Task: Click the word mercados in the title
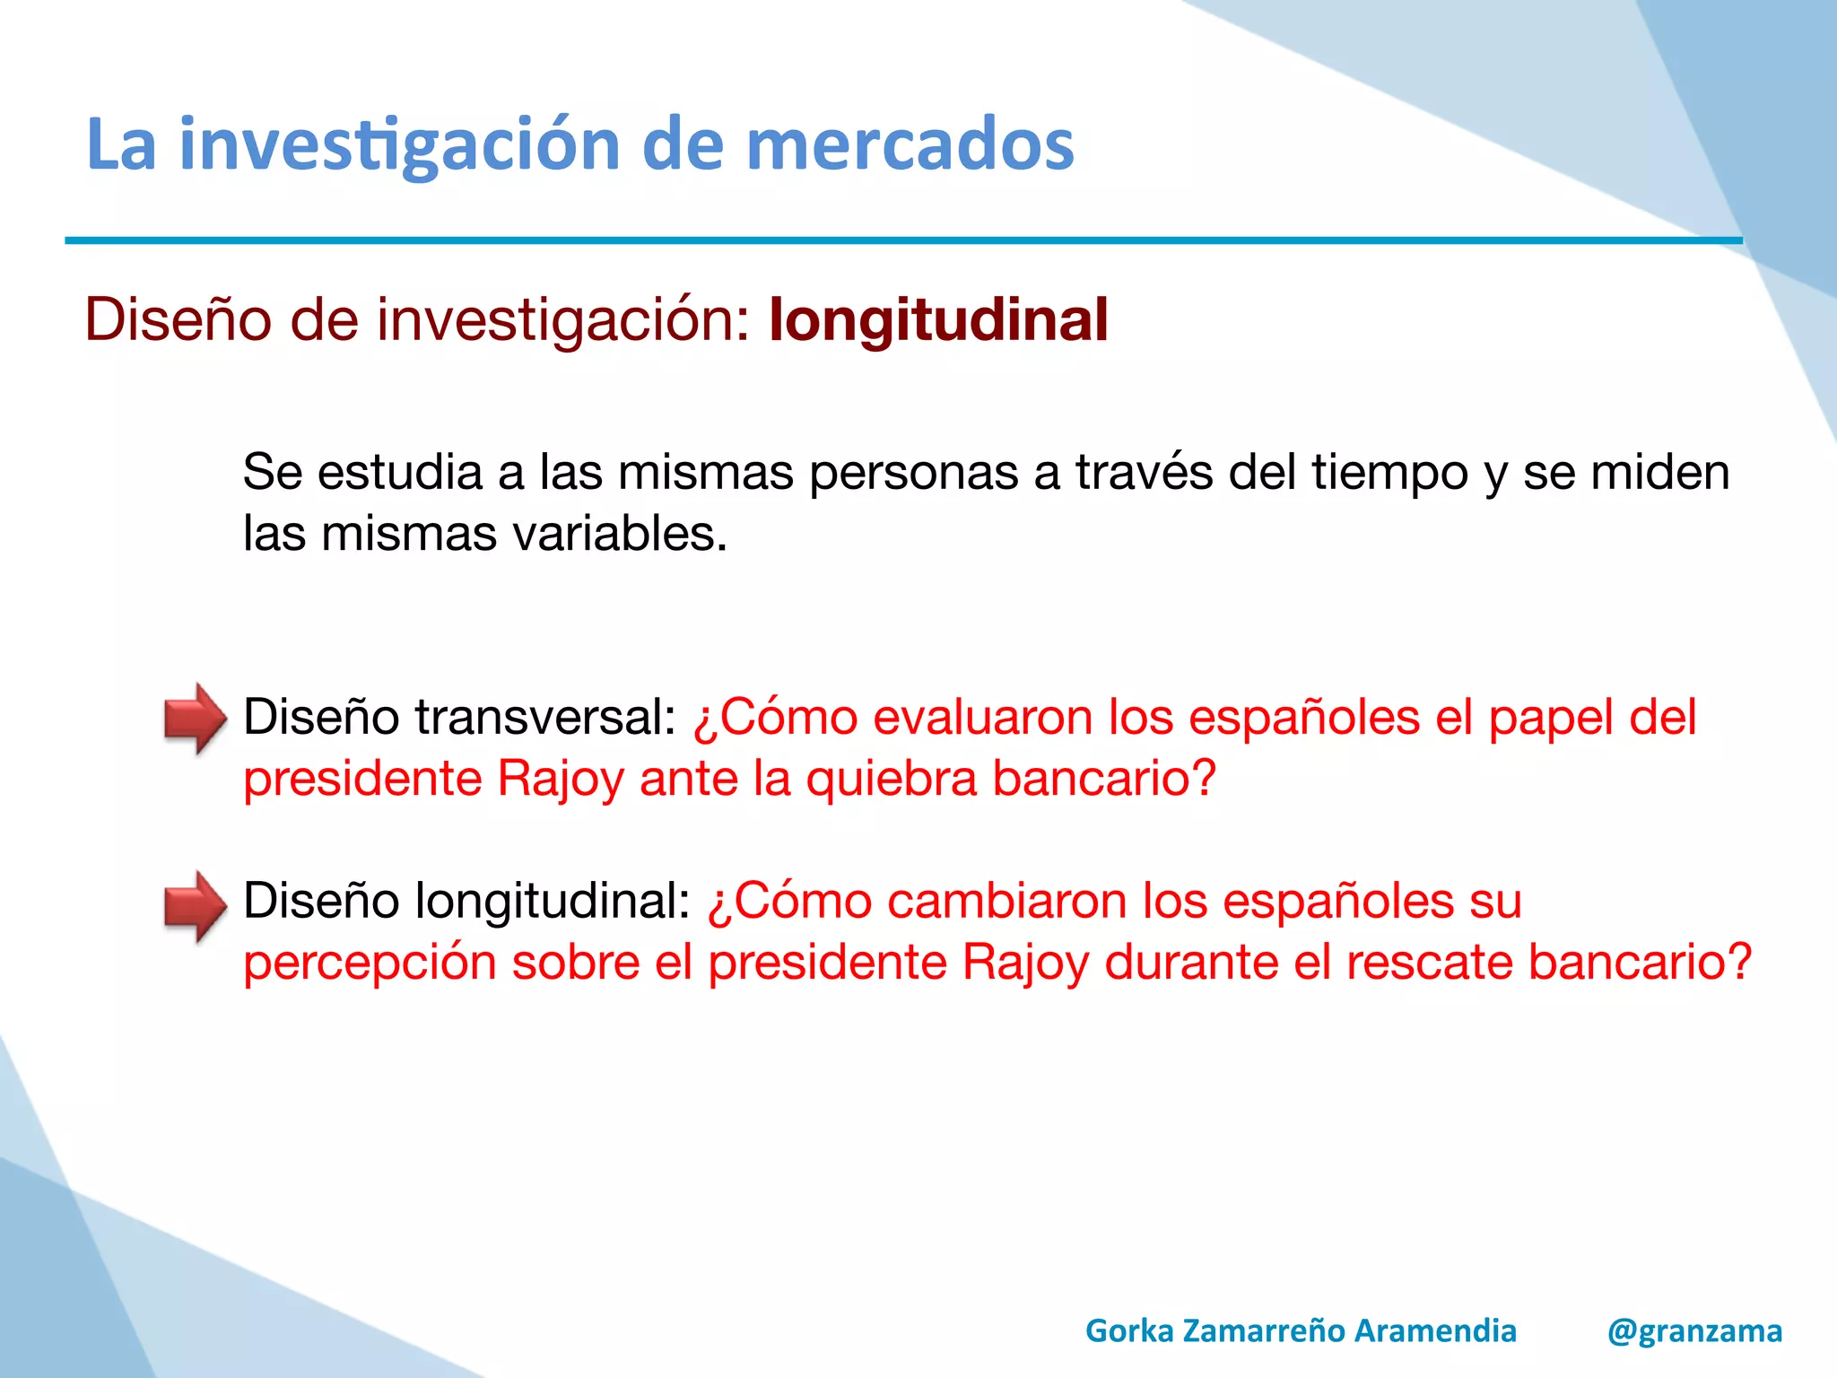[910, 145]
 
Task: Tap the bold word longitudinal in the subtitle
[938, 320]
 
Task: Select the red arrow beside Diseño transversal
[195, 719]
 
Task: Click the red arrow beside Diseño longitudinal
[195, 906]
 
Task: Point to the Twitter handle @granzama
[1694, 1330]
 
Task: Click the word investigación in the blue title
[400, 145]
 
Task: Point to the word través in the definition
[1144, 473]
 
